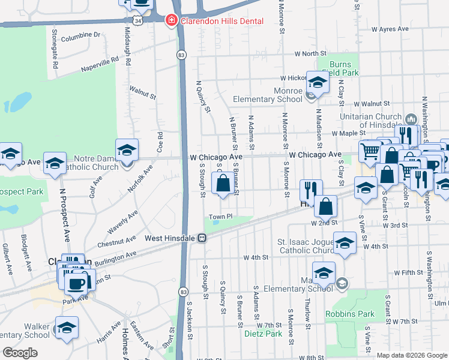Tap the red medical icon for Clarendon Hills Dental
[171, 20]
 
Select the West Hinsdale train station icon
[203, 238]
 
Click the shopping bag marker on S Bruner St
[223, 184]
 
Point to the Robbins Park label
[350, 314]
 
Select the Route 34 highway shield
[139, 20]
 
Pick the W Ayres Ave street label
[390, 29]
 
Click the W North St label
[310, 54]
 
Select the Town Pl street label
[220, 217]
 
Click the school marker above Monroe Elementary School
[318, 82]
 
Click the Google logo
[20, 353]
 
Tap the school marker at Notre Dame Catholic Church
[127, 149]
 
